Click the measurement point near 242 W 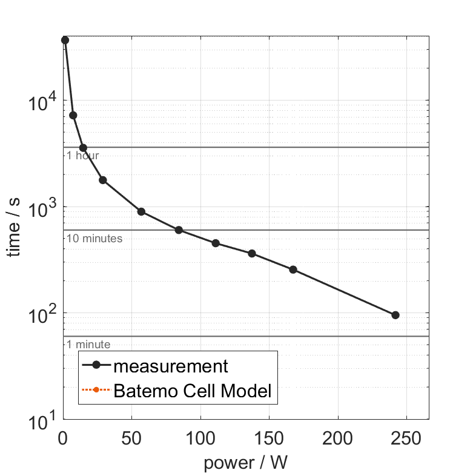(x=395, y=315)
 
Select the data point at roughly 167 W (x=293, y=270)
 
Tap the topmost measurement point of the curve (x=65, y=40)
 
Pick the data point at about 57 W (x=141, y=211)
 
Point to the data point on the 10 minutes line (x=179, y=230)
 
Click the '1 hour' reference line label (x=82, y=156)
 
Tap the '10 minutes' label (x=94, y=239)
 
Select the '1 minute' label (x=88, y=345)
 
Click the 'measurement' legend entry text (x=171, y=366)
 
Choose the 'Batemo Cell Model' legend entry (x=193, y=391)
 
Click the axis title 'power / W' (x=245, y=463)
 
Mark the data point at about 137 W (x=252, y=253)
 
